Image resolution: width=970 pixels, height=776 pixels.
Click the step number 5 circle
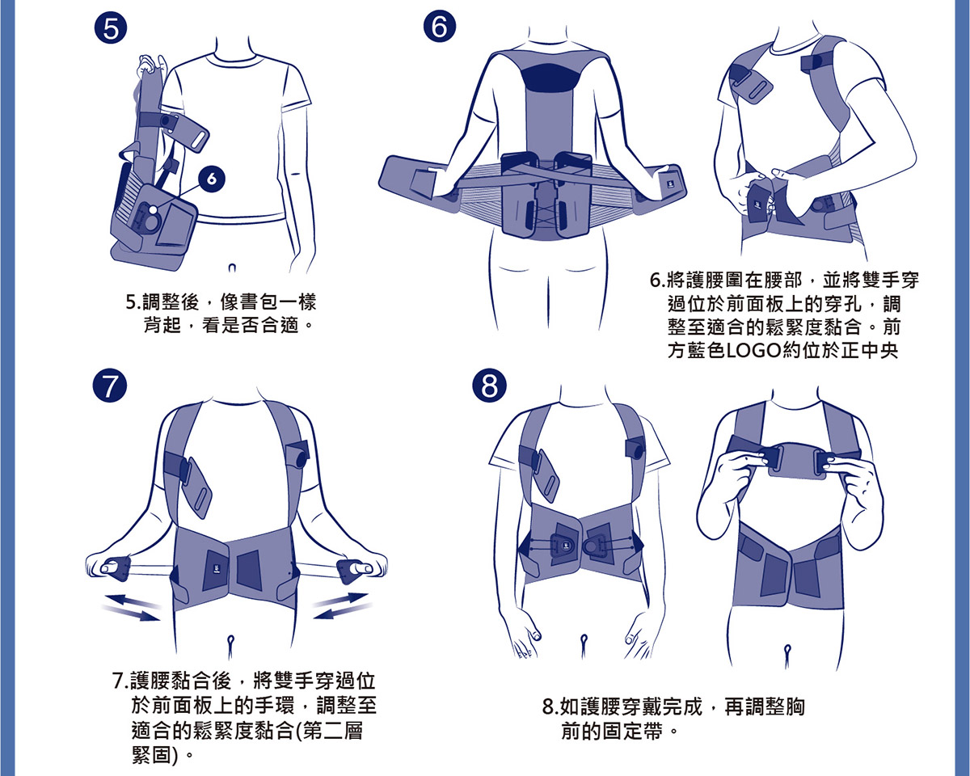pos(109,31)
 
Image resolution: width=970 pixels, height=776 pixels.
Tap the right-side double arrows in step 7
pos(341,605)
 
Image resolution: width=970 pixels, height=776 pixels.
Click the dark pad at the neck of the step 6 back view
pos(553,76)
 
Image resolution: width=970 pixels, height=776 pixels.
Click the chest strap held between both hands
pos(794,464)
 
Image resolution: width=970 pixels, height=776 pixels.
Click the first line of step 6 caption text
pos(784,281)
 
